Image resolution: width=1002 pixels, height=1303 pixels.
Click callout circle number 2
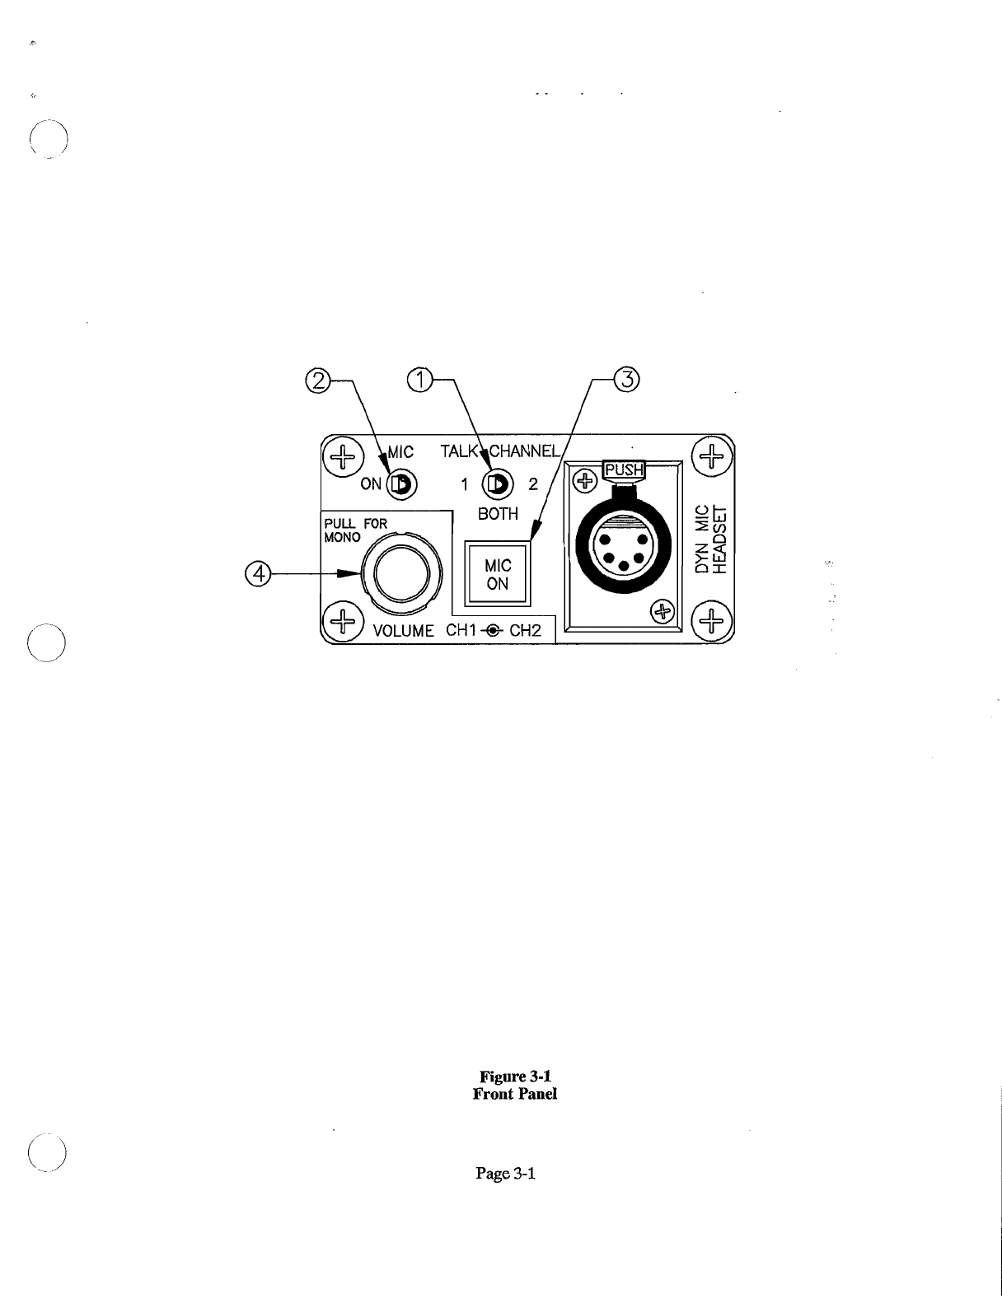316,380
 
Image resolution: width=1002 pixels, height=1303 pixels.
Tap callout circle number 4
259,573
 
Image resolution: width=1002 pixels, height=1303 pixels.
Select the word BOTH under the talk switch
498,514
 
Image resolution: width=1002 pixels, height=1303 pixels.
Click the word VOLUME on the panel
404,632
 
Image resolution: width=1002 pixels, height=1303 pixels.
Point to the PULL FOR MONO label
354,530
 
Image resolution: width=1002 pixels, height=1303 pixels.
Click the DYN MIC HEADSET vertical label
712,539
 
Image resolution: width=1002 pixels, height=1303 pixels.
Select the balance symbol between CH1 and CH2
493,632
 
